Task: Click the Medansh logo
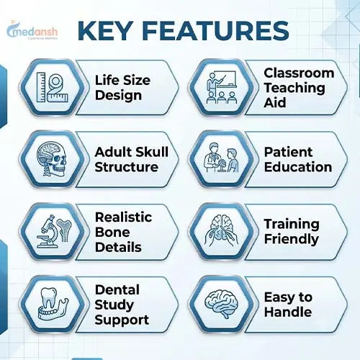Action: [x=32, y=30]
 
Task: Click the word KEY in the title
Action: [x=105, y=31]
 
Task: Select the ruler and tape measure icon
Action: [x=52, y=87]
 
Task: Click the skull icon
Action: [x=52, y=159]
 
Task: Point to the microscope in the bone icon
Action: [x=48, y=231]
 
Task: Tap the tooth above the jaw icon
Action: [x=49, y=298]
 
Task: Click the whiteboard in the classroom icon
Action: [x=225, y=78]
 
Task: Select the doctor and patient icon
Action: [x=221, y=158]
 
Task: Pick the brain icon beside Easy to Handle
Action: [x=221, y=305]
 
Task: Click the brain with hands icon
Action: [x=221, y=230]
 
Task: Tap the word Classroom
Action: [x=299, y=73]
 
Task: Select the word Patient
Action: [x=288, y=152]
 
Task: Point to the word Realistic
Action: [x=123, y=217]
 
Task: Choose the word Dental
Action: [x=117, y=289]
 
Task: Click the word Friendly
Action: [x=292, y=239]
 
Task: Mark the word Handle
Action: [x=288, y=312]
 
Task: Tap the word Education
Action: [x=298, y=167]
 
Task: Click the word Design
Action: [x=118, y=96]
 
